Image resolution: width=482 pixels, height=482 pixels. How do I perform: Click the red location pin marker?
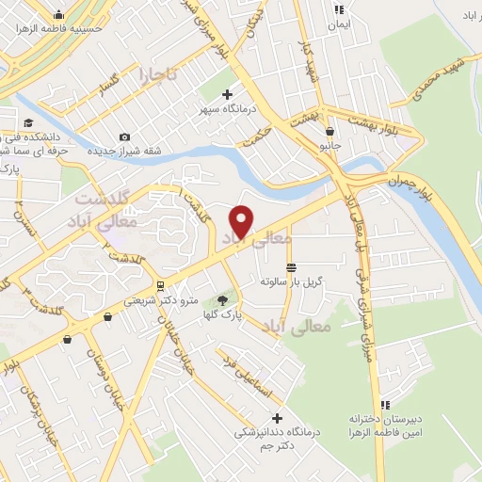coord(242,220)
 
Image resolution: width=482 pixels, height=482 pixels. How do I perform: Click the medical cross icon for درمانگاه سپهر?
coord(226,94)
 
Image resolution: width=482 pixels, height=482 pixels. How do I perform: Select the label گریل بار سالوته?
coord(292,281)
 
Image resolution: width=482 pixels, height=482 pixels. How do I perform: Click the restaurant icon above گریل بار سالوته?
coord(292,267)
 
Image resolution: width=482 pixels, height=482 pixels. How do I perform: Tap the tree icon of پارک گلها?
coord(222,301)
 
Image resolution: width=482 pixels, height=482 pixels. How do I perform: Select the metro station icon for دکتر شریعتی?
coord(160,285)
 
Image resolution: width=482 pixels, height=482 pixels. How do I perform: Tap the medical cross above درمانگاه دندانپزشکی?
coord(277,417)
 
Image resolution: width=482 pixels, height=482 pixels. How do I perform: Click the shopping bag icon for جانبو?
coord(329,132)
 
